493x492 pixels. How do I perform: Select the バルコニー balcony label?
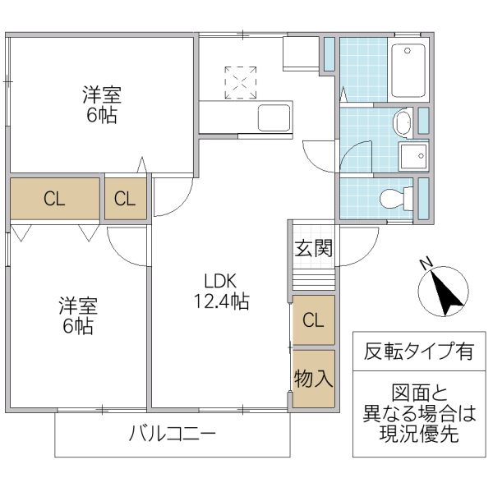coord(173,433)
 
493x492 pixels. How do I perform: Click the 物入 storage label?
coord(314,379)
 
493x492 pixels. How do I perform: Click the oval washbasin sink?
coord(403,124)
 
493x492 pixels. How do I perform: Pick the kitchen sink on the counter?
coord(274,117)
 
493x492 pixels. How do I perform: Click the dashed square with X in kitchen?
coord(241,80)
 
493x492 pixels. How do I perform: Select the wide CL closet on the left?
coord(54,198)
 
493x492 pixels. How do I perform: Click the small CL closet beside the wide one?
coord(125,198)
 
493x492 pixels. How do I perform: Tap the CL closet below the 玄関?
coord(314,320)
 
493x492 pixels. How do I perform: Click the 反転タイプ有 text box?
coord(419,352)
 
